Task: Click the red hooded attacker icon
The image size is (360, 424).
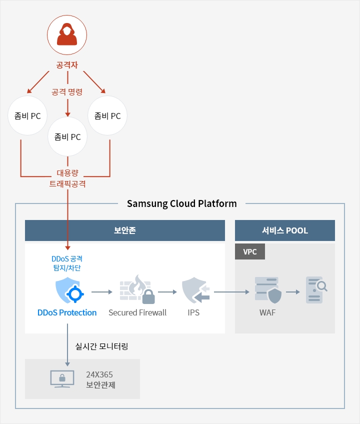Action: (x=67, y=34)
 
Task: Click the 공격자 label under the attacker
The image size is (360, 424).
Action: (x=67, y=65)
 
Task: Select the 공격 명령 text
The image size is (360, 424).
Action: (x=67, y=91)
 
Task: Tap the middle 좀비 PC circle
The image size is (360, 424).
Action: (x=67, y=136)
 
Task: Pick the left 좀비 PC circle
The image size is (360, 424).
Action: (x=28, y=116)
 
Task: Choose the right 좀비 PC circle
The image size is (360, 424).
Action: (x=107, y=116)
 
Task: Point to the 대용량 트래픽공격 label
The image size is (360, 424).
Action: (x=67, y=179)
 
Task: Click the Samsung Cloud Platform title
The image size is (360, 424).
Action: (x=181, y=203)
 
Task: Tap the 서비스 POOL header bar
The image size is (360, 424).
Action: (x=284, y=230)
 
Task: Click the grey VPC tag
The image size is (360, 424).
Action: (x=250, y=251)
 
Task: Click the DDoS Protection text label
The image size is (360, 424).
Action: (x=67, y=312)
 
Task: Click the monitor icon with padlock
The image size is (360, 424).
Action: (x=62, y=378)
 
